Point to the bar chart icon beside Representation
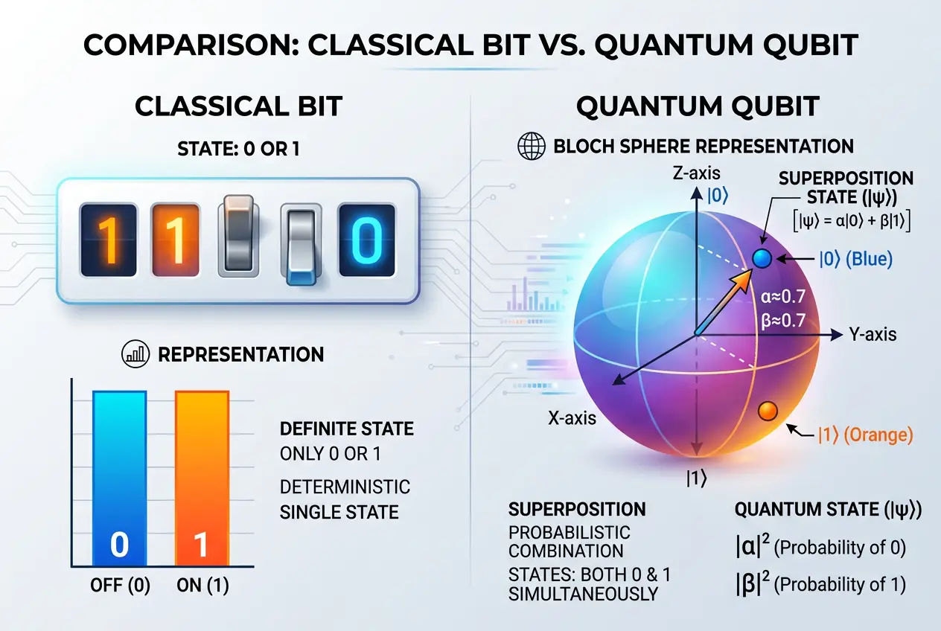[135, 354]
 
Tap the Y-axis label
[873, 335]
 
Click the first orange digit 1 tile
[107, 241]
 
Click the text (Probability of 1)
[840, 584]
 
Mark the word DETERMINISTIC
[345, 487]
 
